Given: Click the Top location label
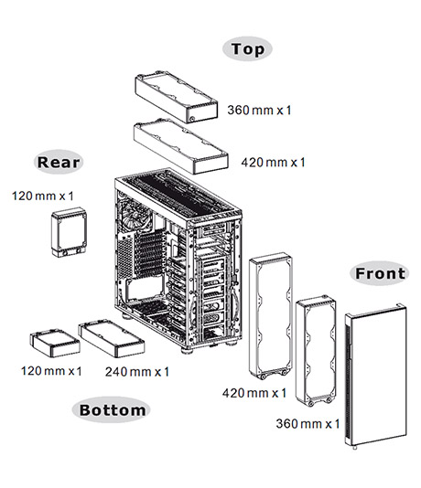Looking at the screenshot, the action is tap(247, 48).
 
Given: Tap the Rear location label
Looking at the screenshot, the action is tap(59, 162).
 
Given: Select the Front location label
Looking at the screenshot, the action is tap(380, 273).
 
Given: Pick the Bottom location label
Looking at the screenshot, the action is tap(112, 410).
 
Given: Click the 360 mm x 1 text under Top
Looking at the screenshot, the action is tap(259, 110).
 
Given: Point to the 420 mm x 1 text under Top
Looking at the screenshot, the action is tap(273, 162).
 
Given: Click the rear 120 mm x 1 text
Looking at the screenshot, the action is tap(43, 196).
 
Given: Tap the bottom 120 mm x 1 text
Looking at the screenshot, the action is tap(51, 371).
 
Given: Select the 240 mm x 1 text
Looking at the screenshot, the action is tap(136, 372).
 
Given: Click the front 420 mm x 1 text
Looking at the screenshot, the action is tap(254, 393).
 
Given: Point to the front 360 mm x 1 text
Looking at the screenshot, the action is tap(308, 423).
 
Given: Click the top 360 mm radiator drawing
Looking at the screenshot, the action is tap(177, 98).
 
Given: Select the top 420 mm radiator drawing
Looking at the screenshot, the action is tap(180, 145).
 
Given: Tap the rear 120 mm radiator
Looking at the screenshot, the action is tap(69, 232).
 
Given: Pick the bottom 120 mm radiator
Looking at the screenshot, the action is tap(55, 343).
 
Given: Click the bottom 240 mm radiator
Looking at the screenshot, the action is tap(112, 339).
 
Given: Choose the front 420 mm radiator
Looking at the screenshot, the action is tap(271, 315).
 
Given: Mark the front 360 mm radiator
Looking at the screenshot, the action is tap(316, 350).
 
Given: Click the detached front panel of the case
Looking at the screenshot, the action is tap(376, 376).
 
